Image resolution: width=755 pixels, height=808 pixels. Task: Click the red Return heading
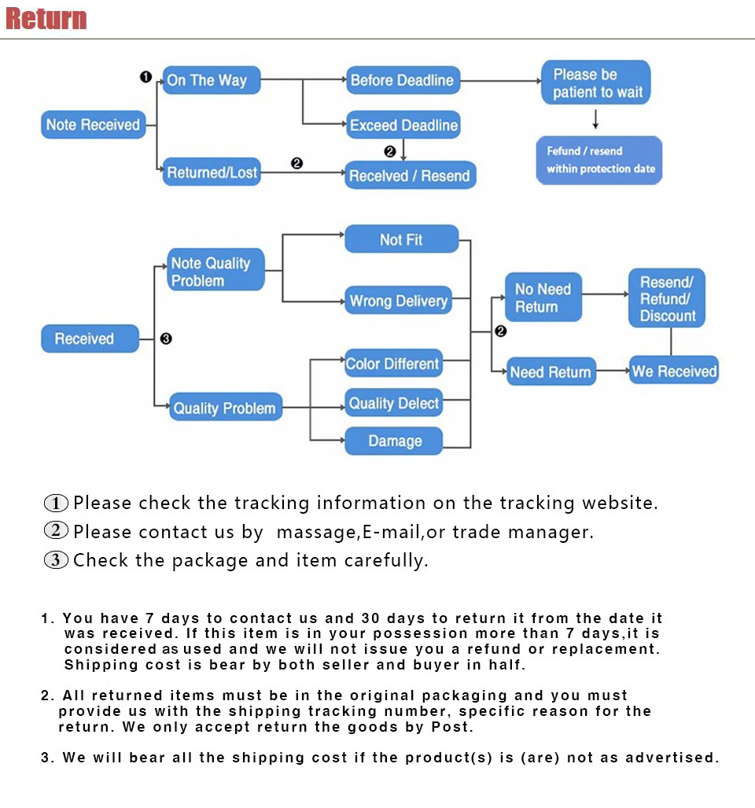click(46, 19)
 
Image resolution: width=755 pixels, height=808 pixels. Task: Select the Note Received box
click(93, 124)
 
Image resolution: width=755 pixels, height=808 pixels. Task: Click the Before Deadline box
click(402, 80)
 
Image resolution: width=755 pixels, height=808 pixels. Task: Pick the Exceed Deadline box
click(403, 125)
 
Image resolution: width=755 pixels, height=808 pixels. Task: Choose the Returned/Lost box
click(211, 172)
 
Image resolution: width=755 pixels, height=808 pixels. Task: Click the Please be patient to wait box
click(596, 83)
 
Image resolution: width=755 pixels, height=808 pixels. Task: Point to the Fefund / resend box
click(599, 160)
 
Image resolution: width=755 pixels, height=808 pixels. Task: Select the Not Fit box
click(401, 240)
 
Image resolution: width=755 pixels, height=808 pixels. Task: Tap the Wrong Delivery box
click(398, 301)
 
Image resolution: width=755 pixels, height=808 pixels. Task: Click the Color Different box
click(392, 363)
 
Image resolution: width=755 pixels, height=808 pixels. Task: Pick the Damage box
click(394, 441)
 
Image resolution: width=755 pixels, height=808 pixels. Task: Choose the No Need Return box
click(543, 297)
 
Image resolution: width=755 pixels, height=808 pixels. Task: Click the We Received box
click(674, 371)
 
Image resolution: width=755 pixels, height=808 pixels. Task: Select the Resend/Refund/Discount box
click(667, 299)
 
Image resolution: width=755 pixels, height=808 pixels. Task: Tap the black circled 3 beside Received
click(166, 339)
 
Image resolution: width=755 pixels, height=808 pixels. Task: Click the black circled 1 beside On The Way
click(145, 76)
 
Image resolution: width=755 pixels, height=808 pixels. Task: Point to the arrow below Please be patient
click(595, 120)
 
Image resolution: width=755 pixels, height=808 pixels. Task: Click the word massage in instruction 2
click(316, 533)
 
